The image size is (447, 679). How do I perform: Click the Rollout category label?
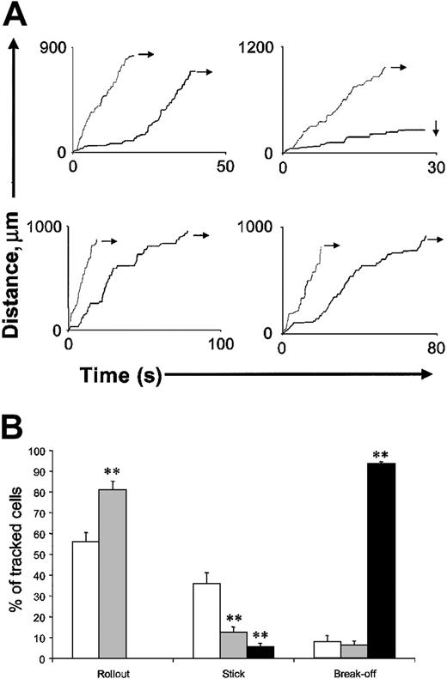coord(100,670)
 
